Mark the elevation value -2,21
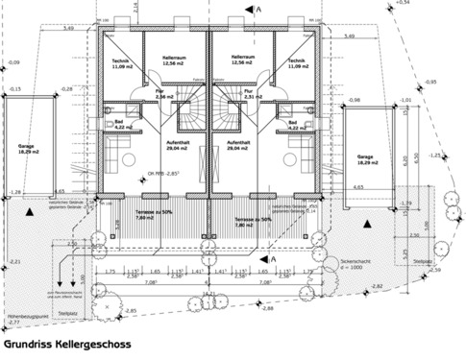point(13,261)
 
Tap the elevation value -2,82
point(377,286)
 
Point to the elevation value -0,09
point(13,62)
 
